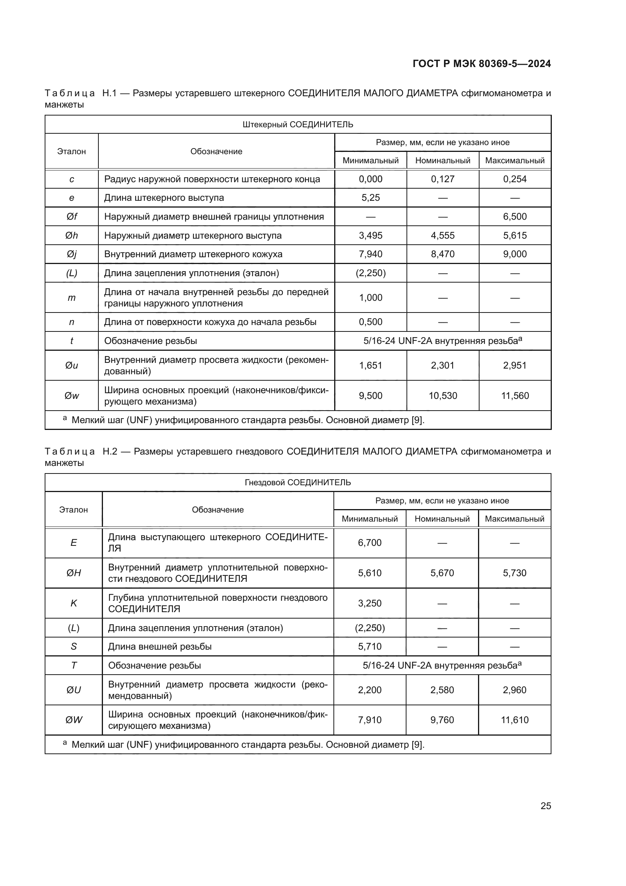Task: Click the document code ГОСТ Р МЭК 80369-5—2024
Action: pos(481,64)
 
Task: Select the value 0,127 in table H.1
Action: pos(442,179)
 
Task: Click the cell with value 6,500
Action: pos(515,217)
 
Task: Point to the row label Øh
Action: pos(72,235)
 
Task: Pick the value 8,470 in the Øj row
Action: pos(442,254)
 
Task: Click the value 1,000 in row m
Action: pos(371,297)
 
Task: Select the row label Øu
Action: pos(72,366)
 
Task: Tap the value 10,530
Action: pos(442,395)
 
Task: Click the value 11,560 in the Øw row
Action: pos(515,395)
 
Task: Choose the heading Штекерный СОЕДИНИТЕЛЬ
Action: pos(297,125)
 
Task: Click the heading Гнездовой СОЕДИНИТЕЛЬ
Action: pos(297,482)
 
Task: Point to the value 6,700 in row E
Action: pos(370,542)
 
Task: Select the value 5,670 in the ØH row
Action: pos(442,573)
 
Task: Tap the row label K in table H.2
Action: pos(74,603)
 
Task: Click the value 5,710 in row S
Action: pos(370,646)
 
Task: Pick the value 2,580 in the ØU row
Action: pos(442,690)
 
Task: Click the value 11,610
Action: pos(515,720)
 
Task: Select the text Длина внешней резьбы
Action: pos(160,646)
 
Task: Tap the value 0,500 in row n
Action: pos(371,322)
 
